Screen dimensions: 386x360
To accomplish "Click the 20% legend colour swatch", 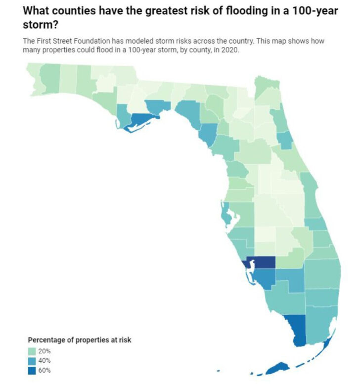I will pos(31,351).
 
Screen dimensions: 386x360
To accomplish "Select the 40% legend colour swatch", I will pos(31,360).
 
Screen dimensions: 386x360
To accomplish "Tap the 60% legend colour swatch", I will pos(31,370).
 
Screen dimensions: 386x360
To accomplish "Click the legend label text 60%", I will pos(45,370).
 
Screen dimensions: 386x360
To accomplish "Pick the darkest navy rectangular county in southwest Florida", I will pos(262,262).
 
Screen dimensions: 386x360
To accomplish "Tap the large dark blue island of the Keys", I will pos(277,368).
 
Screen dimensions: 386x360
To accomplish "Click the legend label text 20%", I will pos(45,351).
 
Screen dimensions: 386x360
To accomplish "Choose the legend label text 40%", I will pos(45,360).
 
